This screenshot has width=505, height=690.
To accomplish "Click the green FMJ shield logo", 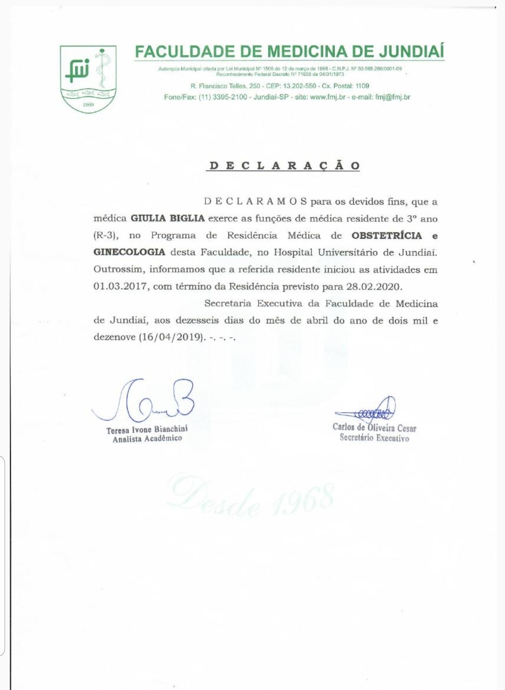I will tap(88, 79).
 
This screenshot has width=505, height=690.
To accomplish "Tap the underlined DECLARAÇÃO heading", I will tap(285, 166).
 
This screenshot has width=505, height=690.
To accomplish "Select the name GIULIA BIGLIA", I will tap(168, 218).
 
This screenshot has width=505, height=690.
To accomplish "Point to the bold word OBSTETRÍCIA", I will tap(383, 235).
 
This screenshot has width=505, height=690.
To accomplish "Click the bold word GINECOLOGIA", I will tap(129, 252).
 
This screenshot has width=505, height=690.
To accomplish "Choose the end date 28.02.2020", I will tap(374, 286).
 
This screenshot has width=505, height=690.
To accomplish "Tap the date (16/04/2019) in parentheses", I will tap(172, 337).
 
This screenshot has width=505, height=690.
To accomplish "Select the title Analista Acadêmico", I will tap(147, 439).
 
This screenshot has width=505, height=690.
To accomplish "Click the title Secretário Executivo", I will tap(374, 438).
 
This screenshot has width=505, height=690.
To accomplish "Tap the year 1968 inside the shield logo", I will tap(88, 104).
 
